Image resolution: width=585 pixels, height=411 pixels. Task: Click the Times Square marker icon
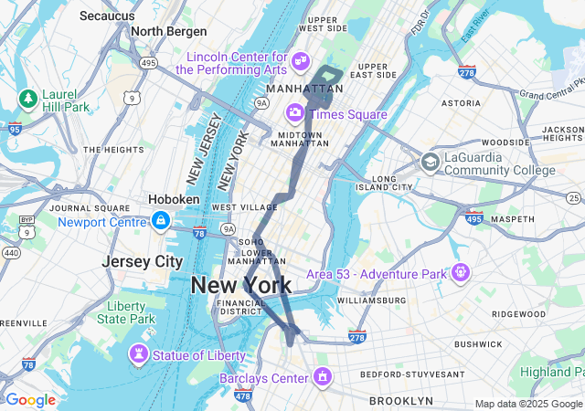click(x=295, y=113)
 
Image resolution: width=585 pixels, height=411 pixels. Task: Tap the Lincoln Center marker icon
click(x=300, y=61)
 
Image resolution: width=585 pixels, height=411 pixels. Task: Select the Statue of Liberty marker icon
click(x=138, y=353)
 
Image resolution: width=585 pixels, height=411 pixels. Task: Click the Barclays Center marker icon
click(x=322, y=377)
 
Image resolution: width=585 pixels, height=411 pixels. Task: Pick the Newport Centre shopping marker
click(x=161, y=220)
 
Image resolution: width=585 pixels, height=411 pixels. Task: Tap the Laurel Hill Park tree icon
click(x=28, y=98)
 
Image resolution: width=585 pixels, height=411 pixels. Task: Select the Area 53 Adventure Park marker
click(x=460, y=272)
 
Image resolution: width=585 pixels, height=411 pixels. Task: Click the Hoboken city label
click(x=174, y=199)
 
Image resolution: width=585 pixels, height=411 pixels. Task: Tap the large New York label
click(x=241, y=285)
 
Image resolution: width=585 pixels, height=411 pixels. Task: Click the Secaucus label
click(x=108, y=16)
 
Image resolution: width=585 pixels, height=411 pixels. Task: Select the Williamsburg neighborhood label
click(x=370, y=300)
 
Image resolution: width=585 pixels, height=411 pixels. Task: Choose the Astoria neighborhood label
click(x=461, y=103)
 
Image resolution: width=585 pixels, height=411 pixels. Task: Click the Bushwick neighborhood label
click(x=478, y=344)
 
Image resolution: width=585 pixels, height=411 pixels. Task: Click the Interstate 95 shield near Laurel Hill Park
click(x=13, y=129)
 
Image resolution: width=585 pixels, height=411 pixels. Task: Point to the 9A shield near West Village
click(x=229, y=229)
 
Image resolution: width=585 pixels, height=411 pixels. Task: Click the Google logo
click(x=30, y=400)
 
